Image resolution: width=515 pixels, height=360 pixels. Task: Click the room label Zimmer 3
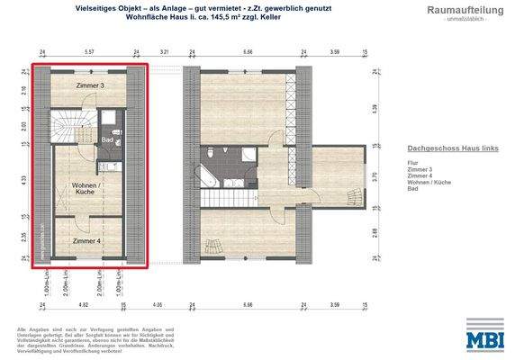(89, 85)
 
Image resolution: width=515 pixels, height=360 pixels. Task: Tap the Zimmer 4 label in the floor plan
(86, 241)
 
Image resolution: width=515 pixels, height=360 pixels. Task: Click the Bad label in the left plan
(107, 139)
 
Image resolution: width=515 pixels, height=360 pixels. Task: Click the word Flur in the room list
(412, 162)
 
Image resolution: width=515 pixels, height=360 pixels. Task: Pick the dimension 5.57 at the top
(88, 53)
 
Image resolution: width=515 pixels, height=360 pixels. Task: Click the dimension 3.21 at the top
(165, 53)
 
